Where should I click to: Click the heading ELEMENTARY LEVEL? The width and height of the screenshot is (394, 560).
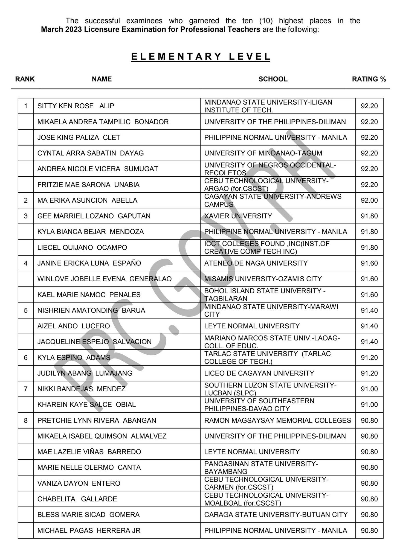(201, 56)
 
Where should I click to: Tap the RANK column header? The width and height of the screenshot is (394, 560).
(25, 79)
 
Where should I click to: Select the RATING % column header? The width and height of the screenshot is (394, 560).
(369, 79)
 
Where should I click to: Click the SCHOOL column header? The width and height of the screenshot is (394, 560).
(273, 79)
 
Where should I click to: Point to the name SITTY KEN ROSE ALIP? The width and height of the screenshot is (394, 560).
(76, 106)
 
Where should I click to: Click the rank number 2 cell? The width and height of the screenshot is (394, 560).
(26, 200)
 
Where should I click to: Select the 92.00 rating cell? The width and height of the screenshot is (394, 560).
(369, 200)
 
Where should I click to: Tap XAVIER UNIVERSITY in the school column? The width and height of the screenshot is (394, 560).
(238, 216)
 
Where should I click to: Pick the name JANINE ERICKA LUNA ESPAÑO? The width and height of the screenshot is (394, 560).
(89, 263)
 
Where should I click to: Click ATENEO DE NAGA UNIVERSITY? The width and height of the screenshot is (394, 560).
(256, 263)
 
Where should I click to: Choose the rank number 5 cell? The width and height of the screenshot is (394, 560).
(26, 311)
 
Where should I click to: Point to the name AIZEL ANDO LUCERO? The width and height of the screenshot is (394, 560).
(74, 326)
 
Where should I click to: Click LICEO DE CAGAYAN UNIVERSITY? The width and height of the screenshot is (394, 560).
(259, 374)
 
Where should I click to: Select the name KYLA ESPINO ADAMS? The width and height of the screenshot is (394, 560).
(74, 358)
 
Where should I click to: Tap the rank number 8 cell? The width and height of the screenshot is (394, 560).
(26, 421)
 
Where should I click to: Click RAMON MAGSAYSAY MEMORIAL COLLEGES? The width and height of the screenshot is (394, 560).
(277, 421)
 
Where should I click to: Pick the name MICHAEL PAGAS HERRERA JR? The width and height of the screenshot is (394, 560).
(89, 531)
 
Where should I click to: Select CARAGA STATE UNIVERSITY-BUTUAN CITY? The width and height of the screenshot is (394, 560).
(276, 515)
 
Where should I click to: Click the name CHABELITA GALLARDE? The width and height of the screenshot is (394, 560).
(77, 499)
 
